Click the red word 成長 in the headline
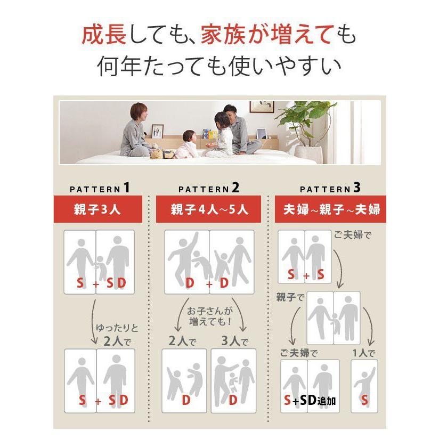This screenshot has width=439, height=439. click(x=104, y=34)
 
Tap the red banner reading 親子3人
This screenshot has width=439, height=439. click(x=97, y=209)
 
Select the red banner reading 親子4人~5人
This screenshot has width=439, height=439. click(x=208, y=209)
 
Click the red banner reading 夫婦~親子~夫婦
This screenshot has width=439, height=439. click(x=330, y=209)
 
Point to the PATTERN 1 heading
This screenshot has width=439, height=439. click(x=100, y=188)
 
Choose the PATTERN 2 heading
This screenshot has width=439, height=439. click(x=209, y=188)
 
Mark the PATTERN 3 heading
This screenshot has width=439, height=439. click(x=330, y=188)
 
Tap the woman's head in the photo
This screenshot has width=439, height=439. click(x=139, y=111)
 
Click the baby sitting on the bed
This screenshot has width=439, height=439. click(x=187, y=144)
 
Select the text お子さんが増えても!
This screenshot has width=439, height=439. click(x=210, y=316)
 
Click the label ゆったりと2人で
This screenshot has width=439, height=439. click(x=117, y=335)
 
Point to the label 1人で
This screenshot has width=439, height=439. click(x=364, y=353)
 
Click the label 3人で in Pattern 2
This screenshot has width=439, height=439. click(x=234, y=341)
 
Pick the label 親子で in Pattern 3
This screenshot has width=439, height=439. click(x=290, y=297)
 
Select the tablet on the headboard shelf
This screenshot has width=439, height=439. click(x=261, y=133)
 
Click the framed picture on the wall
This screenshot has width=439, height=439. click(x=262, y=107)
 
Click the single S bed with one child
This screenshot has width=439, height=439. click(x=364, y=386)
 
